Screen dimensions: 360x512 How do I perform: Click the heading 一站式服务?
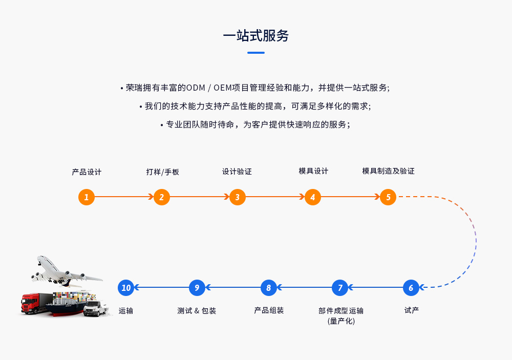click(x=256, y=35)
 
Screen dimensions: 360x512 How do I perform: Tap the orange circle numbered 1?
click(x=87, y=197)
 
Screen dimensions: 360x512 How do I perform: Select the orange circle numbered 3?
click(x=237, y=197)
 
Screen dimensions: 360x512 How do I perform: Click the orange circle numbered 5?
click(x=388, y=197)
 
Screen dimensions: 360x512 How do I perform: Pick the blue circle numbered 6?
click(x=411, y=288)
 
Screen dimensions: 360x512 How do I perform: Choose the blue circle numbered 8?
click(x=268, y=288)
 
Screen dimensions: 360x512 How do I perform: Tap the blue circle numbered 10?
click(x=126, y=288)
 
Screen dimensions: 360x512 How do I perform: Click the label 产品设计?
click(x=87, y=172)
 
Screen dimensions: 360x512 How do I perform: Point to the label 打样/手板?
click(x=162, y=172)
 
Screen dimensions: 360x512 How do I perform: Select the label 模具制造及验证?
click(x=388, y=171)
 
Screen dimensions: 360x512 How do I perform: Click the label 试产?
click(x=411, y=310)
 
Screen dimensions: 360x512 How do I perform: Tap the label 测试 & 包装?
click(x=197, y=311)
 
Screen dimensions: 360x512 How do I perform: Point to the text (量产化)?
click(x=340, y=321)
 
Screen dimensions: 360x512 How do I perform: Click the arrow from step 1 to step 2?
click(x=124, y=197)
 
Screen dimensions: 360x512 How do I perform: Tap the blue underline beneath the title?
click(x=256, y=52)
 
